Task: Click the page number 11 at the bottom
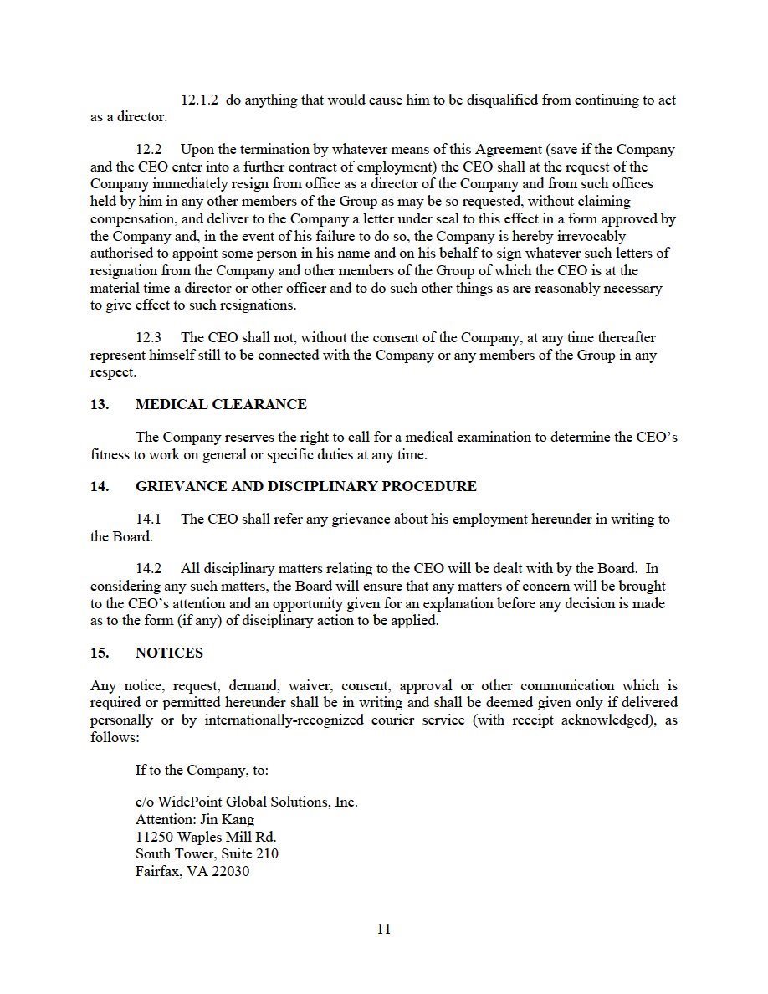384,929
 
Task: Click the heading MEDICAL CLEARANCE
221,405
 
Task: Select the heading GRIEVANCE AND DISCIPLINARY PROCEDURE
305,487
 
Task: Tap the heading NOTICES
169,653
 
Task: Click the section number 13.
100,405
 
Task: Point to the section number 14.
100,487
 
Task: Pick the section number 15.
100,653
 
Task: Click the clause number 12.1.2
199,100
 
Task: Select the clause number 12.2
149,150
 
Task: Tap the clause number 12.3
149,338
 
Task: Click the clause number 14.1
149,520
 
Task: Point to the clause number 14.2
149,570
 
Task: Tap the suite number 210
267,854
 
